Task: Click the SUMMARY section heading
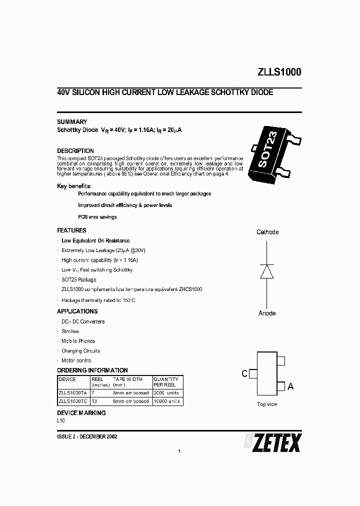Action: (x=72, y=122)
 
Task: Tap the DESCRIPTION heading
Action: (x=75, y=151)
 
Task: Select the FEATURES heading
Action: (x=71, y=230)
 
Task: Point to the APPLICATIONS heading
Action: (x=77, y=311)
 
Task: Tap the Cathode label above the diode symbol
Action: (x=267, y=232)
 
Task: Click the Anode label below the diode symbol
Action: (x=267, y=313)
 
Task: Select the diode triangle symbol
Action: (x=267, y=271)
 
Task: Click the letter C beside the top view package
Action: (x=244, y=373)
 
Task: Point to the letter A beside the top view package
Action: (x=291, y=386)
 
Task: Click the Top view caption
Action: (x=267, y=404)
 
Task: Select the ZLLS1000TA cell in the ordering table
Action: (x=72, y=393)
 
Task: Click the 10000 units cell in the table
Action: (x=166, y=401)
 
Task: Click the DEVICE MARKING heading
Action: (x=81, y=413)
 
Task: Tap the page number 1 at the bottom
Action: (x=179, y=451)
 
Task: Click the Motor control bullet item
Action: (x=76, y=360)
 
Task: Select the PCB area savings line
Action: (x=97, y=217)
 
